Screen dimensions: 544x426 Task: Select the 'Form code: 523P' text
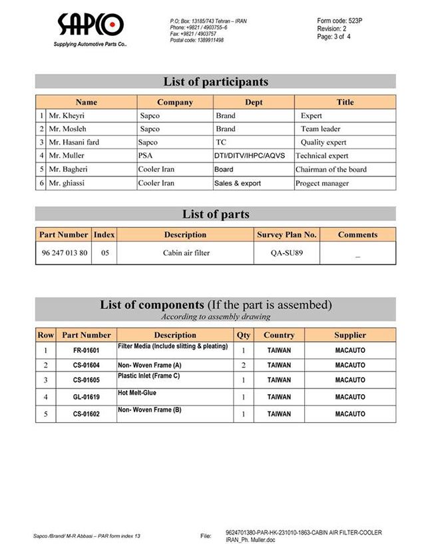(x=339, y=21)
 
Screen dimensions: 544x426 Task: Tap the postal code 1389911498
(x=197, y=40)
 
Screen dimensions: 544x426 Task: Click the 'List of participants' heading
(x=216, y=82)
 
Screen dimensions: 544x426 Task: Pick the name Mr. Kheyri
(x=67, y=115)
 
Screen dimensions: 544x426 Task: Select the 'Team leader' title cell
(x=320, y=129)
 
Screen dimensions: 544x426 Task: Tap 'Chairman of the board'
(x=331, y=169)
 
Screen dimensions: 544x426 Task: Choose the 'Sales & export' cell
(x=238, y=183)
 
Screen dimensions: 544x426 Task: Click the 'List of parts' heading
(x=216, y=214)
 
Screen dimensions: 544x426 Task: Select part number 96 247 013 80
(x=64, y=253)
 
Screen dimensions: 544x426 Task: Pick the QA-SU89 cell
(x=287, y=253)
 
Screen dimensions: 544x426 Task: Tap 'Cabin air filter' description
(x=186, y=253)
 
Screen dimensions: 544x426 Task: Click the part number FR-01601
(x=87, y=350)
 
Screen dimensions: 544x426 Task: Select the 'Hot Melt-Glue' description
(x=137, y=394)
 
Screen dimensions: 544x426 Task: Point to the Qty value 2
(x=244, y=365)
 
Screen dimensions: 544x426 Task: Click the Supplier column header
(x=349, y=335)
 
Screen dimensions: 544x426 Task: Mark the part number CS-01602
(x=87, y=413)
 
